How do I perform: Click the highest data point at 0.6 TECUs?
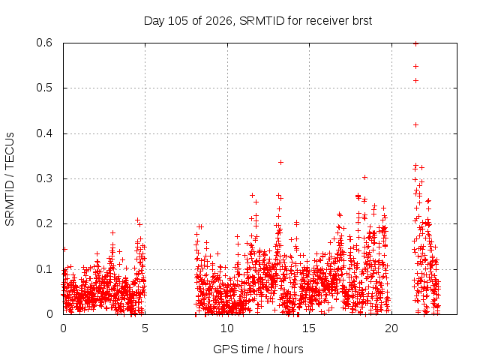click(x=415, y=43)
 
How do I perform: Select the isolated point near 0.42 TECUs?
click(x=415, y=125)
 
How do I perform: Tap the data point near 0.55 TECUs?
click(x=415, y=67)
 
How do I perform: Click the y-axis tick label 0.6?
click(x=44, y=43)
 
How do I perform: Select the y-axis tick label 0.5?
click(x=44, y=88)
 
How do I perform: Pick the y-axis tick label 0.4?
click(x=44, y=133)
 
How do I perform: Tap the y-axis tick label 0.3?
click(x=44, y=178)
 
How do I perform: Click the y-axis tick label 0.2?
click(x=44, y=223)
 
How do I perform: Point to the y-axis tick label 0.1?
click(x=44, y=269)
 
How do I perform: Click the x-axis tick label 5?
click(x=145, y=328)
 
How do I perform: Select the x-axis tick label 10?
click(x=227, y=328)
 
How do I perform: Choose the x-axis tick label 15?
click(x=309, y=328)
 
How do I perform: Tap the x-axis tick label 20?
click(x=391, y=328)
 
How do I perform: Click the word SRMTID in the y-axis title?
click(x=10, y=202)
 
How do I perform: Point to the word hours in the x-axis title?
click(x=288, y=349)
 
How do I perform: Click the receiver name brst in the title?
click(x=361, y=21)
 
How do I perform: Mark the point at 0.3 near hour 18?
click(x=364, y=177)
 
